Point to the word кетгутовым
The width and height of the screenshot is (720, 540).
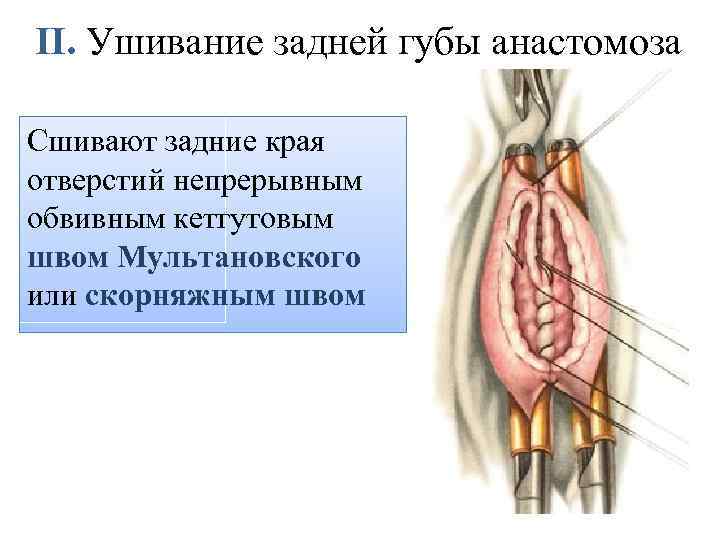243,217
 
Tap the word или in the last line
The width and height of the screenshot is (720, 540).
48,297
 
